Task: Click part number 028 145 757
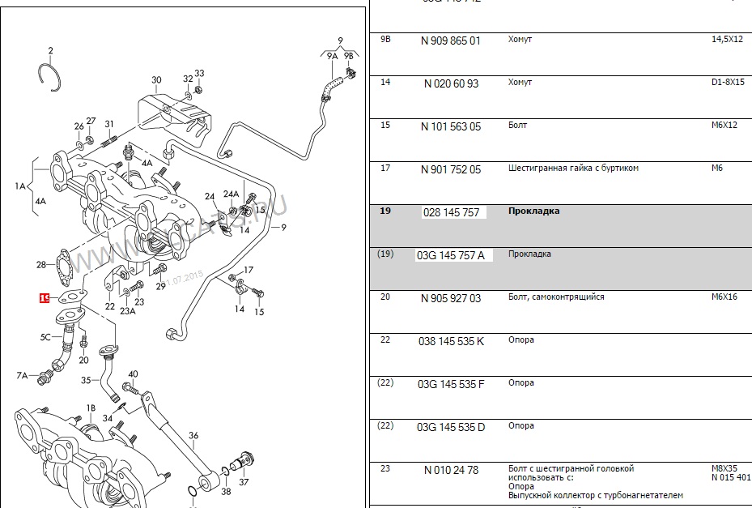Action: [451, 212]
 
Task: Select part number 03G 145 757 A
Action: [451, 255]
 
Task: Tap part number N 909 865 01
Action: [451, 41]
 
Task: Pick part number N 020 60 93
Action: [451, 83]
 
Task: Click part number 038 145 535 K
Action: [451, 341]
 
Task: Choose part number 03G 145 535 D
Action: [451, 427]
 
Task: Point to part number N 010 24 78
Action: [451, 470]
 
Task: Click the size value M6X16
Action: [726, 297]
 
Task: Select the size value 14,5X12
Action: [726, 39]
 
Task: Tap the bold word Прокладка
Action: [533, 211]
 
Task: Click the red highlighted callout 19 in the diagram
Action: [45, 297]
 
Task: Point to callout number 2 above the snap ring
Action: [50, 51]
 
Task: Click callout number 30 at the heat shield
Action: [156, 80]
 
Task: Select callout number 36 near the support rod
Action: [193, 436]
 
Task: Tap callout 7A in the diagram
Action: [23, 375]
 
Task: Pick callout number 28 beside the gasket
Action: [41, 265]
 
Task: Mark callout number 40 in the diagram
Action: [133, 374]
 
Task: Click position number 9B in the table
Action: [385, 39]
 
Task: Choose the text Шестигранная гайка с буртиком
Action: [573, 169]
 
